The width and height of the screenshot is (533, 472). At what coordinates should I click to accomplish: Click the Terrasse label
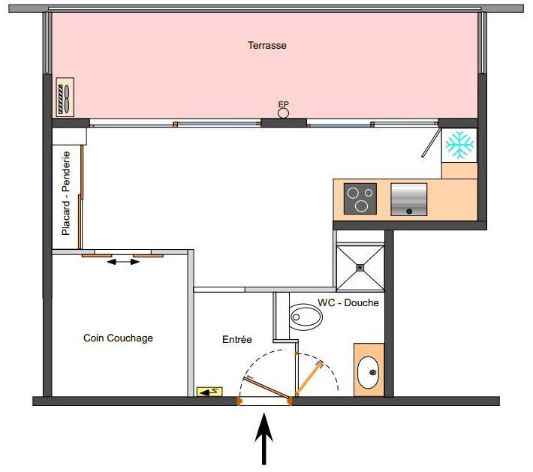click(x=266, y=45)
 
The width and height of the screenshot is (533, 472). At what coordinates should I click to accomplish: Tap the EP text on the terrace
click(x=284, y=104)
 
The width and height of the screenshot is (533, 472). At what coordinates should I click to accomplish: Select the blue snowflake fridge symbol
click(x=459, y=145)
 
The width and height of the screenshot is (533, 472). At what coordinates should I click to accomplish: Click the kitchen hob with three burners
click(x=360, y=199)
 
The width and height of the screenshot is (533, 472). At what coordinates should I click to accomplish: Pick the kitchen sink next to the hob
click(x=409, y=200)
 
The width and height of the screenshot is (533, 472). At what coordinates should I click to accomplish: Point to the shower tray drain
click(x=360, y=268)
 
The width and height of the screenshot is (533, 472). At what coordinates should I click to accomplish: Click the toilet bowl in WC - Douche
click(x=306, y=317)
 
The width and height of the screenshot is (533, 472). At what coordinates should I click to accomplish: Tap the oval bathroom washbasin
click(x=368, y=372)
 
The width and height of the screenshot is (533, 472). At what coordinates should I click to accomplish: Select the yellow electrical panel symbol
click(x=209, y=392)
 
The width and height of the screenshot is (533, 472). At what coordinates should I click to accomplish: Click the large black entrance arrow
click(x=263, y=438)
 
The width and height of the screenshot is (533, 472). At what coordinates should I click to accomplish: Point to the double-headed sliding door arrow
click(x=123, y=262)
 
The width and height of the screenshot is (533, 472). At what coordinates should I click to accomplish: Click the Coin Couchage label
click(x=118, y=338)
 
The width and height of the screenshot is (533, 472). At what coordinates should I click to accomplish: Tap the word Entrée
click(x=237, y=339)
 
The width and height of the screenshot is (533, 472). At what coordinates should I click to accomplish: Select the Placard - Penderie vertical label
click(x=65, y=194)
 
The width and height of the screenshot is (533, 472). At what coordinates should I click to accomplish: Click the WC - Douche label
click(x=348, y=302)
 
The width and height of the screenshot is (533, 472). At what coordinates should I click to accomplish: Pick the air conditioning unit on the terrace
click(x=65, y=98)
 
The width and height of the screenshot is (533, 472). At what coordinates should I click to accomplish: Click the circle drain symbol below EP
click(x=284, y=113)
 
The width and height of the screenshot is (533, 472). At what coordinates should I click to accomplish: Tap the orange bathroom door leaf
click(x=309, y=378)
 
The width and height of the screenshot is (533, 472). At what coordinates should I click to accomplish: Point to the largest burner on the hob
click(x=361, y=206)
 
